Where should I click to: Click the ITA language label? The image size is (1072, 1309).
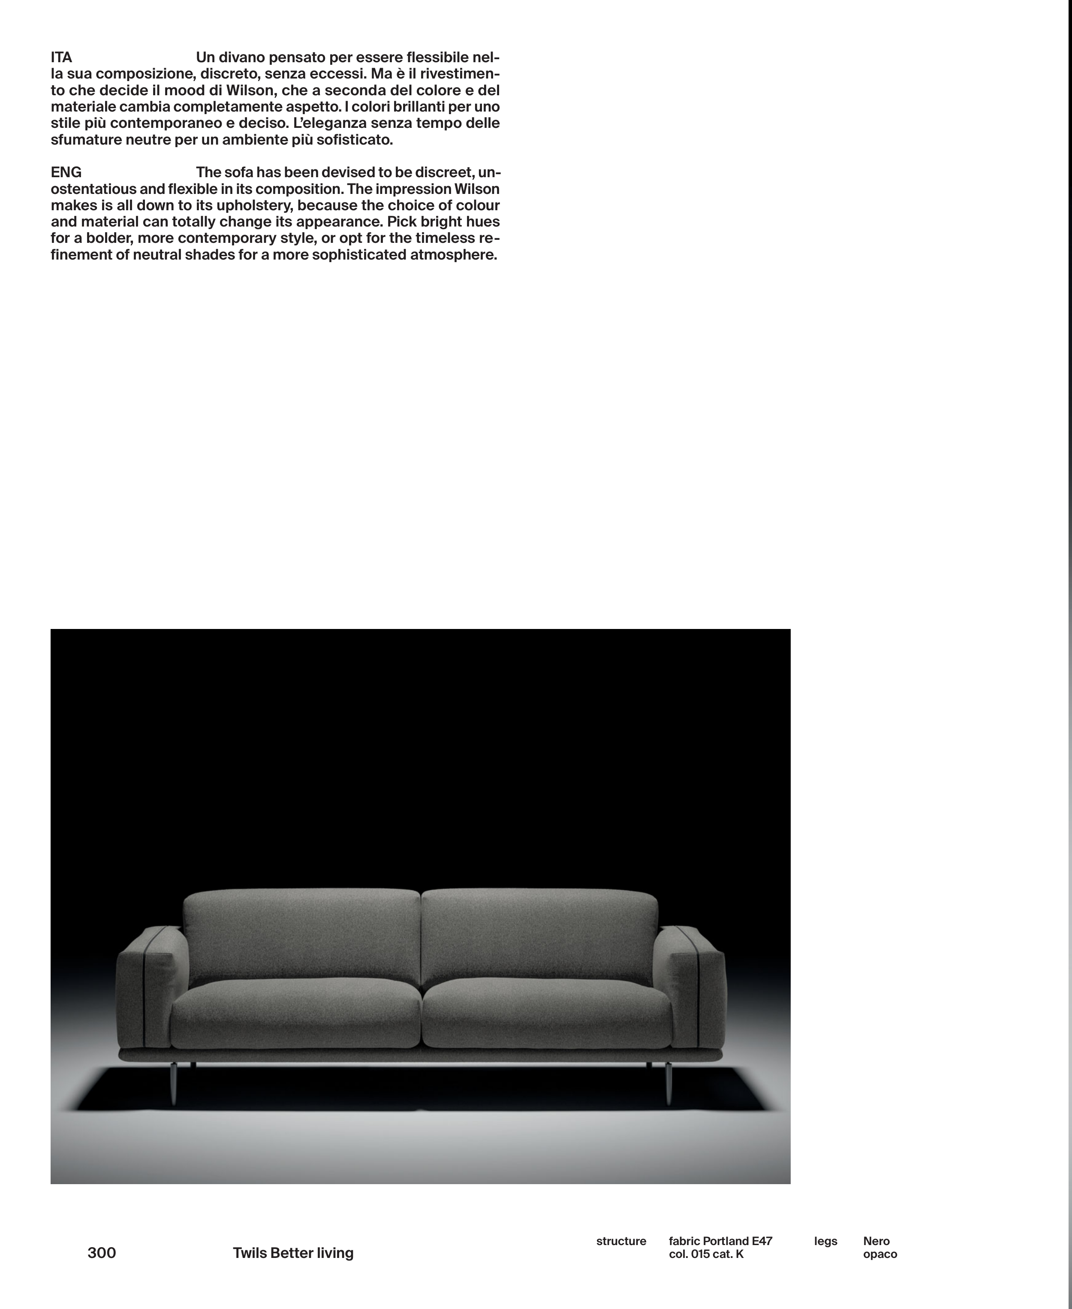click(61, 57)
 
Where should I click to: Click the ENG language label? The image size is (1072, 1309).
click(66, 172)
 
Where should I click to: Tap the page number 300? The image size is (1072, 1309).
click(102, 1253)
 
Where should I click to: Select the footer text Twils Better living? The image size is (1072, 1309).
click(293, 1253)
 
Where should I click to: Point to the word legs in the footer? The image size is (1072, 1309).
click(825, 1241)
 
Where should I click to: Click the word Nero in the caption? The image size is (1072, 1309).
click(876, 1241)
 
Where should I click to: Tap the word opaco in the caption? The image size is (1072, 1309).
click(879, 1254)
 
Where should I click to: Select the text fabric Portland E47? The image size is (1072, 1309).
click(720, 1241)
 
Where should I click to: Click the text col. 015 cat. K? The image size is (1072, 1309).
click(706, 1254)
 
